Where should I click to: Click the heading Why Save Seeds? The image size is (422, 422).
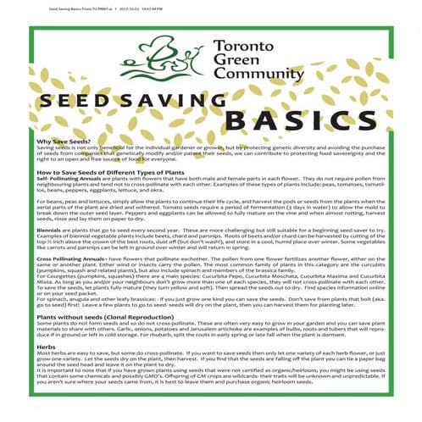point(62,142)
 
